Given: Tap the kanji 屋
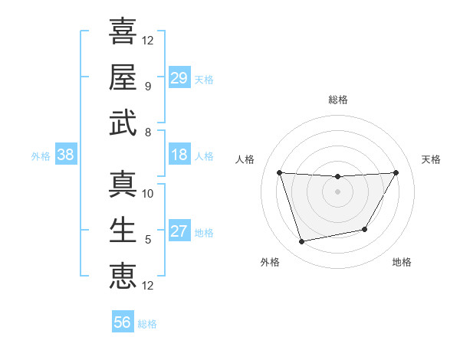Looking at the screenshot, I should click(123, 77).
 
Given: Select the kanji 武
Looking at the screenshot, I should click(123, 123).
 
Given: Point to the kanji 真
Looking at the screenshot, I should click(123, 184).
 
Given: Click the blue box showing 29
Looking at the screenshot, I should click(179, 78).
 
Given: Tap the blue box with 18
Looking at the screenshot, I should click(179, 155).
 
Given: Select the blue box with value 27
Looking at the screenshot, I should click(179, 231).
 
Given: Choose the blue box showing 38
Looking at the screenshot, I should click(66, 155).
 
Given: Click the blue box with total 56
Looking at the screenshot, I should click(123, 322).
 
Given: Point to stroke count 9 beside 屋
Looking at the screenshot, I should click(147, 87).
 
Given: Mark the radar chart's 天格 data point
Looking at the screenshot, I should click(396, 172).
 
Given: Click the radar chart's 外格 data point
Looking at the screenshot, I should click(301, 242).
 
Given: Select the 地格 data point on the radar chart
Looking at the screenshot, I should click(365, 229).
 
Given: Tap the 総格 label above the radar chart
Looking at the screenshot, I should click(337, 100).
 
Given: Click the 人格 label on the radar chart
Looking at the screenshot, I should click(247, 159).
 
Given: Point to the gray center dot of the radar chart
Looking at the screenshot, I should click(337, 191).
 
